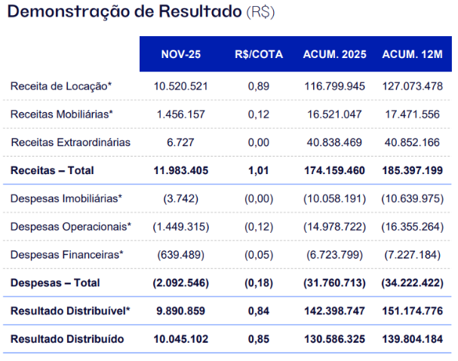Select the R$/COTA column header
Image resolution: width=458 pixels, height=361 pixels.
(258, 54)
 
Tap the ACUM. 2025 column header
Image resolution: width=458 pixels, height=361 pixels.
(334, 54)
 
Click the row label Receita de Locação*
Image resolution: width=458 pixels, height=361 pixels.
(61, 86)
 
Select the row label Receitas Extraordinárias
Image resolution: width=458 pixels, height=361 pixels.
(70, 142)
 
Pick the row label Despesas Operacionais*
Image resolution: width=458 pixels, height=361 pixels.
(71, 226)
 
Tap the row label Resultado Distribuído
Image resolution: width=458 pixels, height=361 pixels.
(66, 338)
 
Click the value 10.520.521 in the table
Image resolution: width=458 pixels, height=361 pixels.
(180, 86)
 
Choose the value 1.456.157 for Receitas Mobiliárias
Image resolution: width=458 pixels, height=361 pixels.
(180, 114)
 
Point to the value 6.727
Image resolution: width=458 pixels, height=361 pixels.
(180, 142)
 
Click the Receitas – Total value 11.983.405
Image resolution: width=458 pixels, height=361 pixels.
(180, 170)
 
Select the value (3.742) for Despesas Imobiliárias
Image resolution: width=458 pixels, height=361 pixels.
(180, 198)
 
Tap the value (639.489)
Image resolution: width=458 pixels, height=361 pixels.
(180, 254)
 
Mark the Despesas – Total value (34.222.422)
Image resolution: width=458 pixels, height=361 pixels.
(412, 283)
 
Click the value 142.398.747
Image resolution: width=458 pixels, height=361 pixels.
(334, 311)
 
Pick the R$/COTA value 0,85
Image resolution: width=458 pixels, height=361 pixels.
(258, 338)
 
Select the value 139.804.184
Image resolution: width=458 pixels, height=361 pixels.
(412, 338)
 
